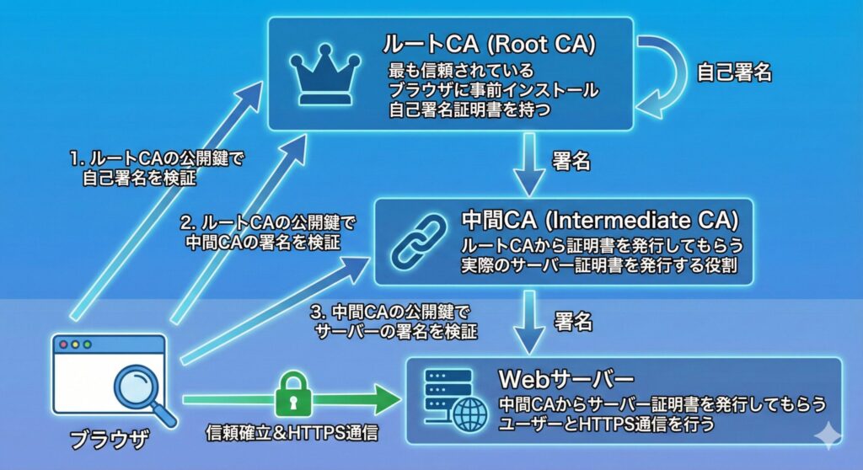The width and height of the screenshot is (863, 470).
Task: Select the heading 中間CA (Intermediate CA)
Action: (600, 221)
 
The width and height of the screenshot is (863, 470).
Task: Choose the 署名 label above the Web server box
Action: (574, 321)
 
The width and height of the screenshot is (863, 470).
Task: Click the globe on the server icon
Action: (469, 414)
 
